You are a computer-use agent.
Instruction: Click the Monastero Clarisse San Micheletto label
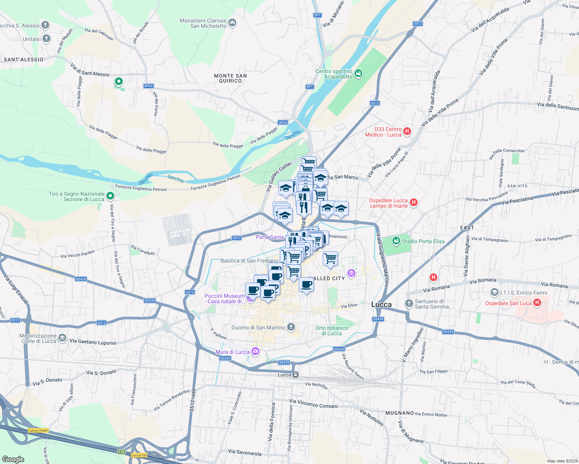(203, 23)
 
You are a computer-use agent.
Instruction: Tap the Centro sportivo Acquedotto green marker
(358, 73)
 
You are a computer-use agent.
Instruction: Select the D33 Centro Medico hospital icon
(407, 131)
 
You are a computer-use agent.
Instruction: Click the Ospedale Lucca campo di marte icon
(413, 202)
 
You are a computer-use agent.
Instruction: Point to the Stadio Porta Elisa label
(423, 241)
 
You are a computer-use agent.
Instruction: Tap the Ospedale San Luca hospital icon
(537, 303)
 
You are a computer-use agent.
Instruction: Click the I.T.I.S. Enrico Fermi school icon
(494, 292)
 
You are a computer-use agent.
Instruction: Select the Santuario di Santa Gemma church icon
(409, 304)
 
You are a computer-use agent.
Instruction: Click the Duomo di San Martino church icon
(291, 327)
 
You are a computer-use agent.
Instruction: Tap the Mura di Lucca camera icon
(255, 351)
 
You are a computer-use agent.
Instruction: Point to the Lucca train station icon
(295, 374)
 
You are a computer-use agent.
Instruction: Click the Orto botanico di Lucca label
(332, 331)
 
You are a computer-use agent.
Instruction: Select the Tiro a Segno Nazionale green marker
(110, 196)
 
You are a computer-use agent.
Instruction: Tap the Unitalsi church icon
(46, 39)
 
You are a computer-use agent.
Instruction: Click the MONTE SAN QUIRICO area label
(230, 78)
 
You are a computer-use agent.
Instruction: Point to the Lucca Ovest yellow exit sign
(38, 430)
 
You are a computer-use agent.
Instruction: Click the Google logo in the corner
(13, 459)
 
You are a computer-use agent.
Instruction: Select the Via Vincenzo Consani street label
(313, 404)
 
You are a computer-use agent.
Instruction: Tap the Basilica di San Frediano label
(249, 261)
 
